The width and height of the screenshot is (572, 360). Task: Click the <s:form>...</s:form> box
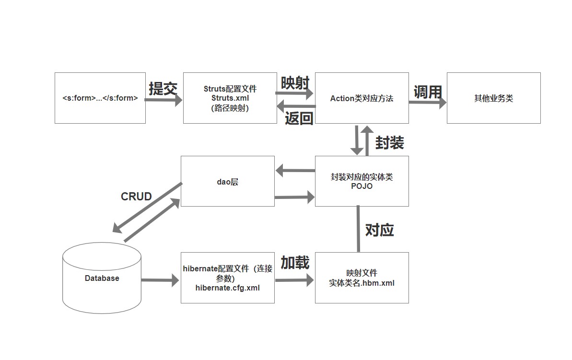click(100, 98)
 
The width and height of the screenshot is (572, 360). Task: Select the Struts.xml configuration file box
click(230, 98)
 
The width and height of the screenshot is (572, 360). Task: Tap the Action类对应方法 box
click(362, 98)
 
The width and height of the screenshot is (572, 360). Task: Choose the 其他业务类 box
click(493, 98)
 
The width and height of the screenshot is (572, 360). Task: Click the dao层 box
click(227, 181)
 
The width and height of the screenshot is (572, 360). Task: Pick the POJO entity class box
click(362, 181)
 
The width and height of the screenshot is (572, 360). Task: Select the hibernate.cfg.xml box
click(227, 278)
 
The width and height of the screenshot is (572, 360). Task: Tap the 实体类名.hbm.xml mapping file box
click(362, 278)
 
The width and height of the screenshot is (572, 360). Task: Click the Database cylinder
click(102, 278)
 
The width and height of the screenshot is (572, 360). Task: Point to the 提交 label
click(163, 89)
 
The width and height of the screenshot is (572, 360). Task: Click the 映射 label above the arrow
click(295, 83)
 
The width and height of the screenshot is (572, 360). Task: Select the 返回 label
click(299, 118)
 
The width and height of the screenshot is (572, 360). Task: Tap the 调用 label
click(427, 92)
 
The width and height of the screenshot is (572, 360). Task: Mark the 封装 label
click(389, 142)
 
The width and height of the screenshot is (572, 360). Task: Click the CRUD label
click(136, 197)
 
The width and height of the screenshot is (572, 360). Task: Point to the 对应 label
click(379, 230)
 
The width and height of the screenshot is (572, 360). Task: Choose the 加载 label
click(295, 263)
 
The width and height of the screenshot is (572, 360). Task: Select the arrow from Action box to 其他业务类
click(427, 102)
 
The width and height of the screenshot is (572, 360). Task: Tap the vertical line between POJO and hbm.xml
click(358, 229)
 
